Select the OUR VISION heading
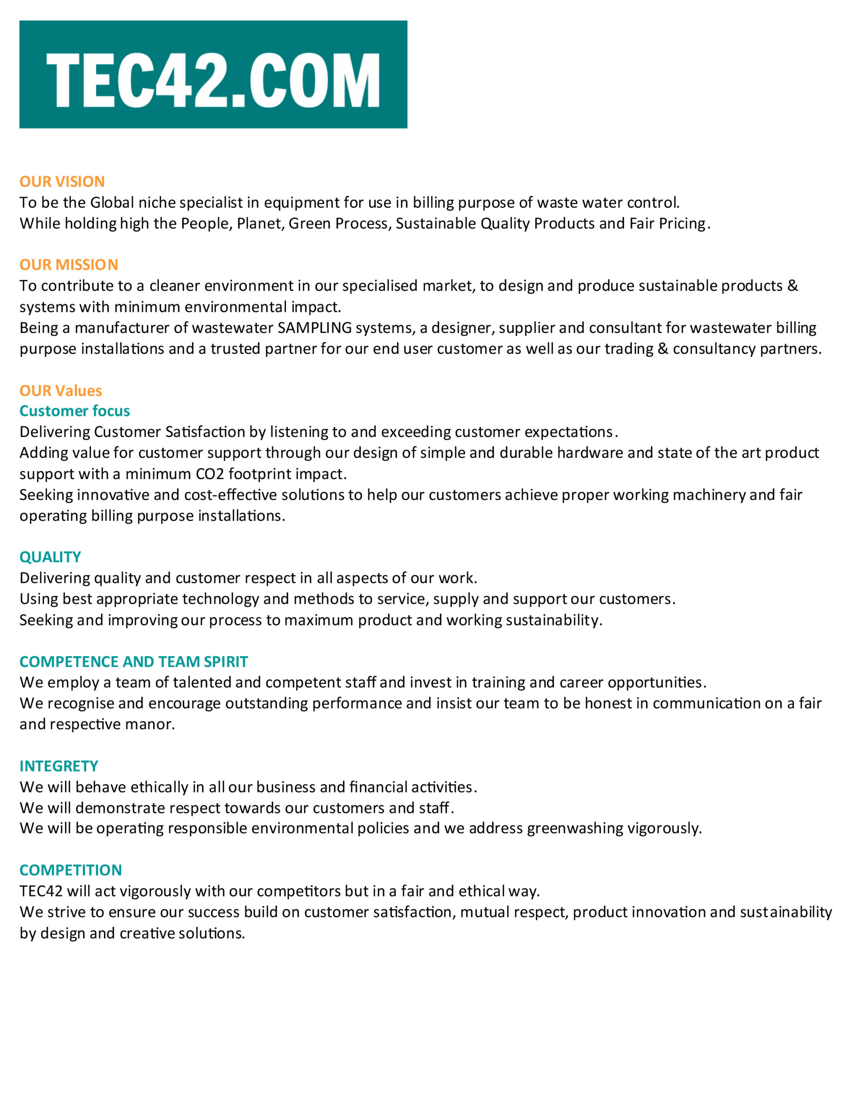coord(62,181)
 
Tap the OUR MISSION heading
coord(69,265)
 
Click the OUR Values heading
coord(60,390)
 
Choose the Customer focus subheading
coord(75,411)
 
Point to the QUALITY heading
coord(50,557)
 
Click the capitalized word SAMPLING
coord(314,328)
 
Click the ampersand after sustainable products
coord(793,286)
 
